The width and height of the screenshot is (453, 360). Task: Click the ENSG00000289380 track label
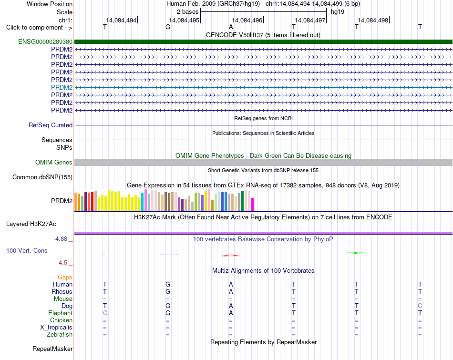[x=45, y=41]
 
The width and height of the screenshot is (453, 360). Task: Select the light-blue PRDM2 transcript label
[x=62, y=87]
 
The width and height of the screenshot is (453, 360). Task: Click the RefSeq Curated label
[x=50, y=125]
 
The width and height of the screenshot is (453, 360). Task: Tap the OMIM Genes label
[x=53, y=163]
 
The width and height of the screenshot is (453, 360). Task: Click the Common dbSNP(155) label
[x=42, y=177]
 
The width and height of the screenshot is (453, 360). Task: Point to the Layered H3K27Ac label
[x=31, y=224]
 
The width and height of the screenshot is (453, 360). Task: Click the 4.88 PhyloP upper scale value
[x=61, y=239]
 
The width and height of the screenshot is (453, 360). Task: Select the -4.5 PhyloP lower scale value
[x=62, y=263]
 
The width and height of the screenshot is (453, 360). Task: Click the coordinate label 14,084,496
[x=247, y=20]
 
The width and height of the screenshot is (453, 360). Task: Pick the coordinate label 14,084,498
[x=373, y=20]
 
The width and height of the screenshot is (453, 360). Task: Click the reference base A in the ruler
[x=231, y=27]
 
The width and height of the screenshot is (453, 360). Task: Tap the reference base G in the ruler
[x=168, y=27]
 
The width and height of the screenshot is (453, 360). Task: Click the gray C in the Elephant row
[x=105, y=313]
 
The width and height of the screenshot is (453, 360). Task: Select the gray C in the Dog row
[x=420, y=306]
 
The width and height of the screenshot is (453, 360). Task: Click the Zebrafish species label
[x=60, y=335]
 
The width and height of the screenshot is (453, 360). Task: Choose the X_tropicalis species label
[x=56, y=328]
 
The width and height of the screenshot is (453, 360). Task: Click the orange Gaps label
[x=65, y=278]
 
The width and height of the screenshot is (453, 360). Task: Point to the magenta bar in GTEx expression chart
[x=253, y=204]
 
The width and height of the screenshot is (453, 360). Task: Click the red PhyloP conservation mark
[x=230, y=256]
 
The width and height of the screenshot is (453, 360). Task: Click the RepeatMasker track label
[x=52, y=349]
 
